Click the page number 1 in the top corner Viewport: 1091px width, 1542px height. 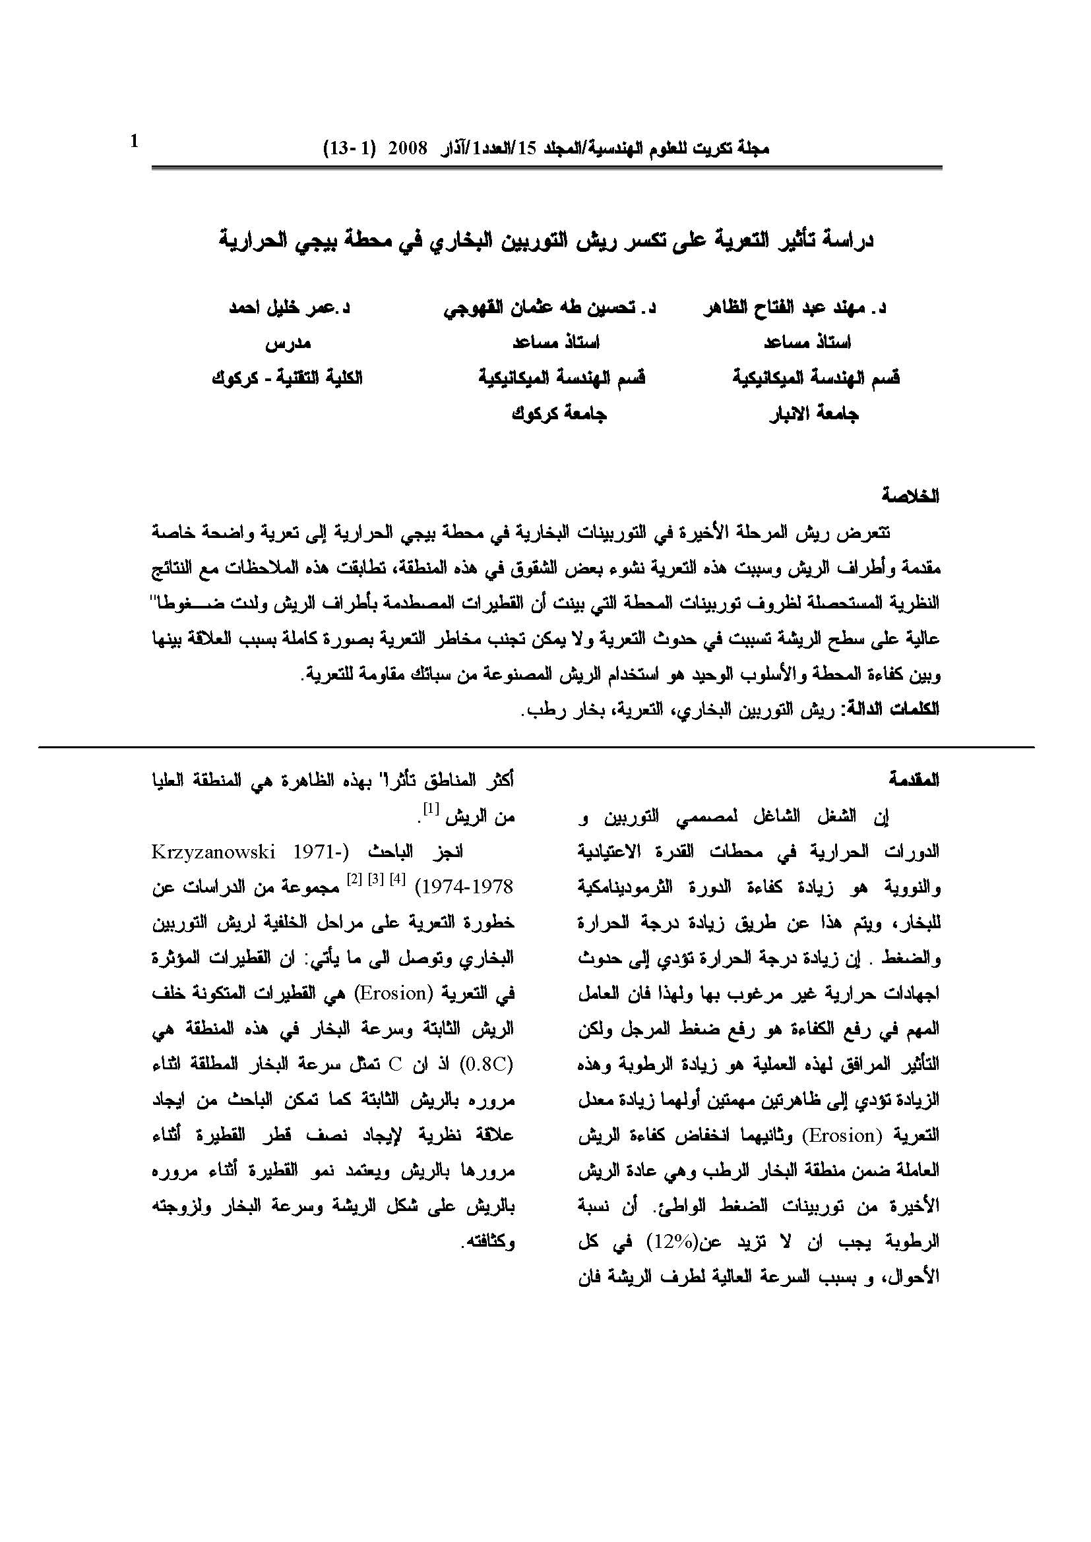pos(134,142)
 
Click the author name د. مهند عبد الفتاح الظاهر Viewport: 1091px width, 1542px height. pos(794,309)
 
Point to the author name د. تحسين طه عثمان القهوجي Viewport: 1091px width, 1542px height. pos(549,309)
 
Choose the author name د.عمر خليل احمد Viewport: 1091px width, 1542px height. pos(290,309)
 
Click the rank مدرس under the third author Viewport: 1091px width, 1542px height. pos(288,343)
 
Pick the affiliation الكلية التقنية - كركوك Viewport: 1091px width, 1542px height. pos(288,378)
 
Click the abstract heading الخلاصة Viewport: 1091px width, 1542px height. pos(910,498)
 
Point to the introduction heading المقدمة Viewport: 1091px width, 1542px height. pos(914,781)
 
